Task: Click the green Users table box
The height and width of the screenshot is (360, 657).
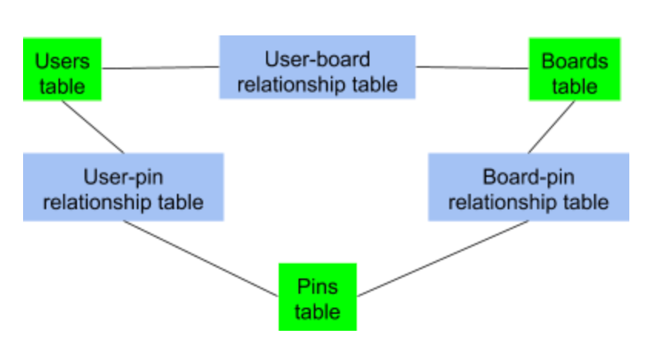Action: pyautogui.click(x=62, y=70)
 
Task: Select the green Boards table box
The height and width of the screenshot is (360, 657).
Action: pyautogui.click(x=574, y=70)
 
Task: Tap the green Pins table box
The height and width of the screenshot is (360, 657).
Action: pyautogui.click(x=317, y=298)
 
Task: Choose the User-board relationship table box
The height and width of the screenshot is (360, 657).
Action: pyautogui.click(x=317, y=68)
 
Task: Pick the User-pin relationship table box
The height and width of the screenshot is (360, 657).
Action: pyautogui.click(x=123, y=187)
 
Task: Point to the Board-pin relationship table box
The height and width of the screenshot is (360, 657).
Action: pyautogui.click(x=528, y=187)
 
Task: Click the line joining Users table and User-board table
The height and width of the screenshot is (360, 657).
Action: pyautogui.click(x=161, y=68)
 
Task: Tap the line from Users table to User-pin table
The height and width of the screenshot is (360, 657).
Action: pyautogui.click(x=93, y=127)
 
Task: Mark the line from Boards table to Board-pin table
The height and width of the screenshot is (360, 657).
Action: pyautogui.click(x=551, y=127)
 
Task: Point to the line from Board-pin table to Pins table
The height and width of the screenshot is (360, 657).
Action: pyautogui.click(x=442, y=259)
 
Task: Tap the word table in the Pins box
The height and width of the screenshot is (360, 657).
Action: pyautogui.click(x=317, y=312)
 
